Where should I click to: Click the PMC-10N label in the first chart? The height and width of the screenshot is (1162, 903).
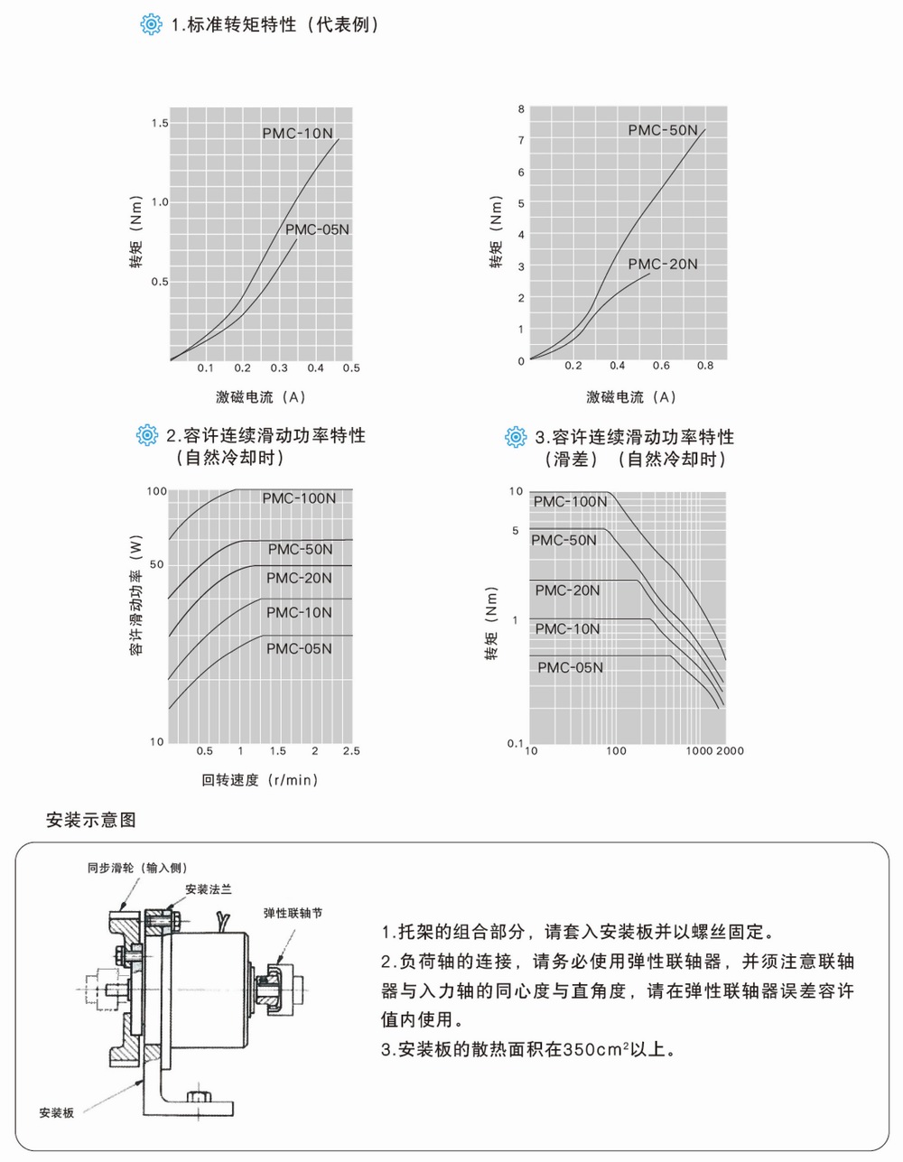(297, 134)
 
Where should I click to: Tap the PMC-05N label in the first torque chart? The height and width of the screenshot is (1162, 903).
(317, 229)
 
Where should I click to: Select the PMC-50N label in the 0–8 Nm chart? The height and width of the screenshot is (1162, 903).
(663, 130)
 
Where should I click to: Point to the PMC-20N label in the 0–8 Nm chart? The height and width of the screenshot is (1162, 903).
(663, 265)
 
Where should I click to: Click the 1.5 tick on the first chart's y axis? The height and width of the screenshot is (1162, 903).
(160, 123)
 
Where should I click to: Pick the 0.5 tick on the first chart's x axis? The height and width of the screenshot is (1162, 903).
(351, 368)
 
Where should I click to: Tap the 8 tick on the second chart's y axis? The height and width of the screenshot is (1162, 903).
(521, 109)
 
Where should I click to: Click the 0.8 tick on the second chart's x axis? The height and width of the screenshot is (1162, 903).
(705, 366)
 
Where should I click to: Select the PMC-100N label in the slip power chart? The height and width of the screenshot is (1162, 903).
(299, 498)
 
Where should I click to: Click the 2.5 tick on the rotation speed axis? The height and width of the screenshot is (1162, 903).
(351, 751)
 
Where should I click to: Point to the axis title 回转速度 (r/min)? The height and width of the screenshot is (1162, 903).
(259, 780)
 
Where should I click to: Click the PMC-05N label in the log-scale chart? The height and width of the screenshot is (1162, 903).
(570, 668)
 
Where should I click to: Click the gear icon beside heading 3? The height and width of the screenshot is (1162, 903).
(516, 438)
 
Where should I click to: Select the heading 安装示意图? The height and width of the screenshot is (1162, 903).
(90, 821)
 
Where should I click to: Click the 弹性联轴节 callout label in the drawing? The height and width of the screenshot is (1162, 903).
(293, 913)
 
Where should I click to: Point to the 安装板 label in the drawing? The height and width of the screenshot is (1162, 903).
(56, 1113)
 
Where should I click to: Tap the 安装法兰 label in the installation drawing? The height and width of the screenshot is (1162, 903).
(209, 889)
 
